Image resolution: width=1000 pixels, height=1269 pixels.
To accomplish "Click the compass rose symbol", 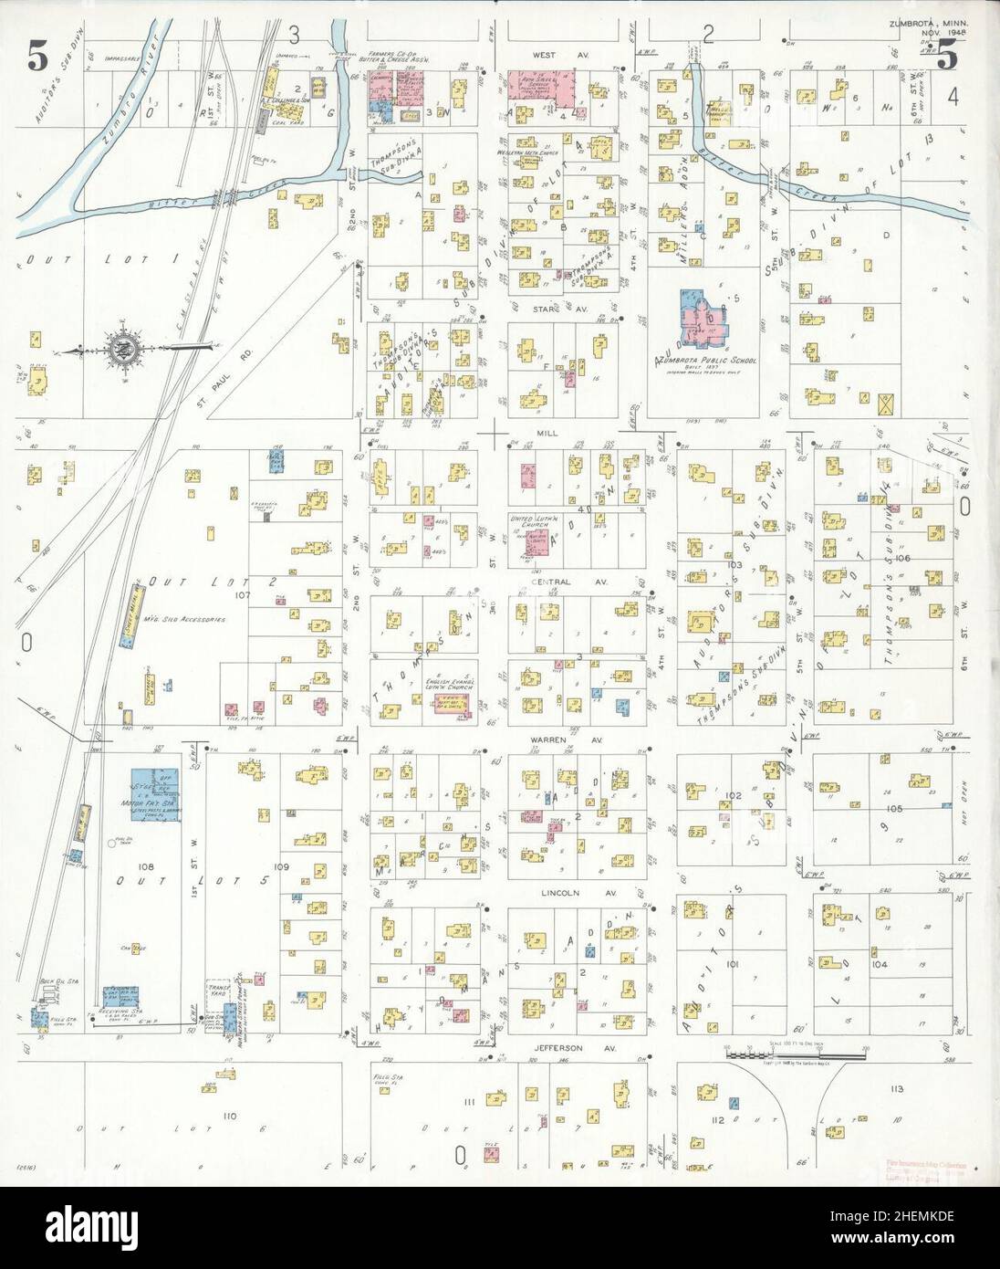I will pyautogui.click(x=122, y=348).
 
